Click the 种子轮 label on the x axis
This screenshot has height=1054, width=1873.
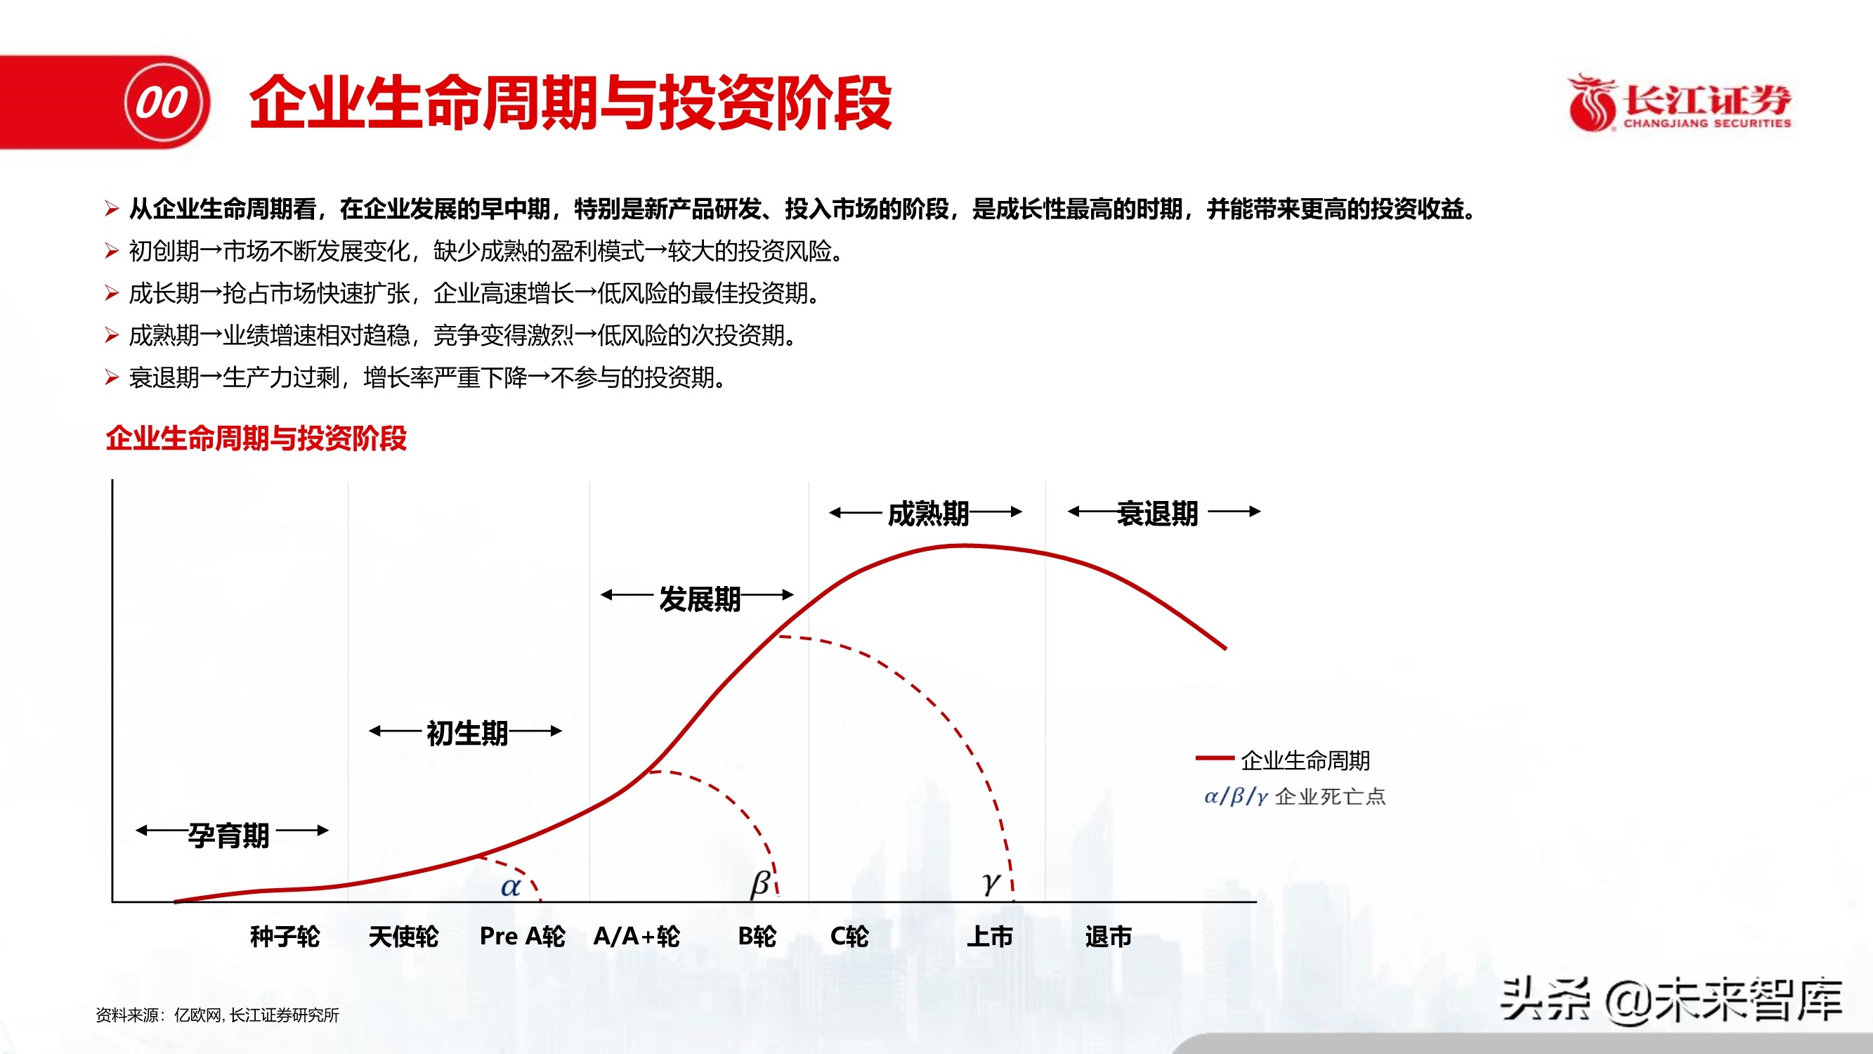[285, 936]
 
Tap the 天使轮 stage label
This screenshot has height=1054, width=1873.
[403, 936]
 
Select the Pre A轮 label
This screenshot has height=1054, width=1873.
[522, 936]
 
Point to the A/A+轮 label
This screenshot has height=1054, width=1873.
[637, 936]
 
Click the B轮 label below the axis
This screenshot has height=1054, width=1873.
[757, 936]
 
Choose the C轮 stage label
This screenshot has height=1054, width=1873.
[849, 936]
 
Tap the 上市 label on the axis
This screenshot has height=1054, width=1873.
[990, 936]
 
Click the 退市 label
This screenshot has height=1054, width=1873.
[1108, 936]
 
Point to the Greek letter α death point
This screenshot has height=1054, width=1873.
[511, 887]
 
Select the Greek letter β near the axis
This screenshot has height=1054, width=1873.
[760, 883]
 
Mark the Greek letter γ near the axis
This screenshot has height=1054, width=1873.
[991, 883]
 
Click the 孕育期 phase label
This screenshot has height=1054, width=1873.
[229, 835]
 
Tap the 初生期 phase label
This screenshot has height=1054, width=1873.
[466, 733]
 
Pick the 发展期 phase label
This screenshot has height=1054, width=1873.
[700, 599]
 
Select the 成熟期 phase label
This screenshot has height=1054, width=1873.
[929, 514]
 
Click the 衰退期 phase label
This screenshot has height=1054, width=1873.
[1158, 514]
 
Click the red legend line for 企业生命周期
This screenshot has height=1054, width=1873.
[1214, 758]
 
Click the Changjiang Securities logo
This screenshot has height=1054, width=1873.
[1680, 103]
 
